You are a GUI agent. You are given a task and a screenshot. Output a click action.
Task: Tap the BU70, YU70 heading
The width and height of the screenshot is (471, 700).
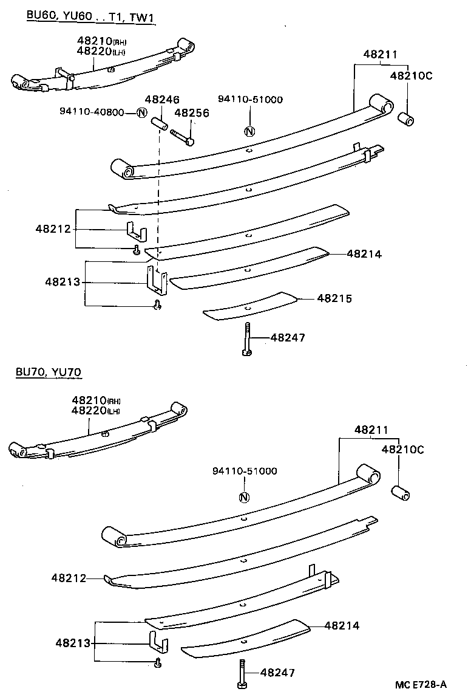point(49,372)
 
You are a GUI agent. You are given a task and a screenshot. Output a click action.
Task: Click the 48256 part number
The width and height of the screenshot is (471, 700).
point(192,112)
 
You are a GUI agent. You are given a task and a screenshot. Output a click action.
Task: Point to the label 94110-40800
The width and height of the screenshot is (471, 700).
point(92,112)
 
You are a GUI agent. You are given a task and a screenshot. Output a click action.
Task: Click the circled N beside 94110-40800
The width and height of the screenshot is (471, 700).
point(141,112)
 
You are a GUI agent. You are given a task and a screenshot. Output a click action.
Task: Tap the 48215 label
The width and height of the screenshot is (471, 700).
point(334,298)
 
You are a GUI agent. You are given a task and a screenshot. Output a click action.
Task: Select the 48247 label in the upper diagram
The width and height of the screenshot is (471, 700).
point(287,337)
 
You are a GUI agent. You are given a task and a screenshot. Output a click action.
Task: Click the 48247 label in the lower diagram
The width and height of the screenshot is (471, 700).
point(278,673)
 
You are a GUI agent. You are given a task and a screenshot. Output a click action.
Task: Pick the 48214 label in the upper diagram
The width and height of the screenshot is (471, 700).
point(364,255)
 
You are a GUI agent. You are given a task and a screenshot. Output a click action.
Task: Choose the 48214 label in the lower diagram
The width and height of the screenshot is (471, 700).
point(342,625)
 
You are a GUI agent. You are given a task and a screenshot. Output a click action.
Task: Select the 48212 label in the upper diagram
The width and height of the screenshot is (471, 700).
point(53,229)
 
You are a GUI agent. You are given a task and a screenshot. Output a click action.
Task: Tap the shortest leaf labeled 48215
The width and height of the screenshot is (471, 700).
point(249,306)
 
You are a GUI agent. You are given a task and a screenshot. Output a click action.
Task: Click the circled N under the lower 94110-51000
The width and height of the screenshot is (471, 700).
point(243,498)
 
